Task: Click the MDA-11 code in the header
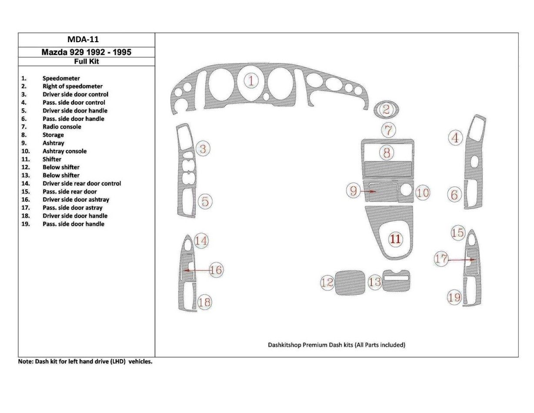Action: coord(86,40)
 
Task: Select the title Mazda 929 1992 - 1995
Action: coord(86,52)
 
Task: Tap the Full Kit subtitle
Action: coord(86,61)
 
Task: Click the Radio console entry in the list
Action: coord(62,127)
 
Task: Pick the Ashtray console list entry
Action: coord(64,151)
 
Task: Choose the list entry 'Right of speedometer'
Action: coord(72,86)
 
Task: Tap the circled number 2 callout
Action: coord(386,109)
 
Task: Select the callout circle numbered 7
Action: coord(389,130)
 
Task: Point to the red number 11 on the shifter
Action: coord(396,239)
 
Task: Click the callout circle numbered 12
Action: coord(327,283)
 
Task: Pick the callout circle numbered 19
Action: coord(454,297)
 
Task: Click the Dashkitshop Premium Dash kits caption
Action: coord(336,345)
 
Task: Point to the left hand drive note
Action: coord(85,361)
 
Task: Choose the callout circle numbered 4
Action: coord(455,138)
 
